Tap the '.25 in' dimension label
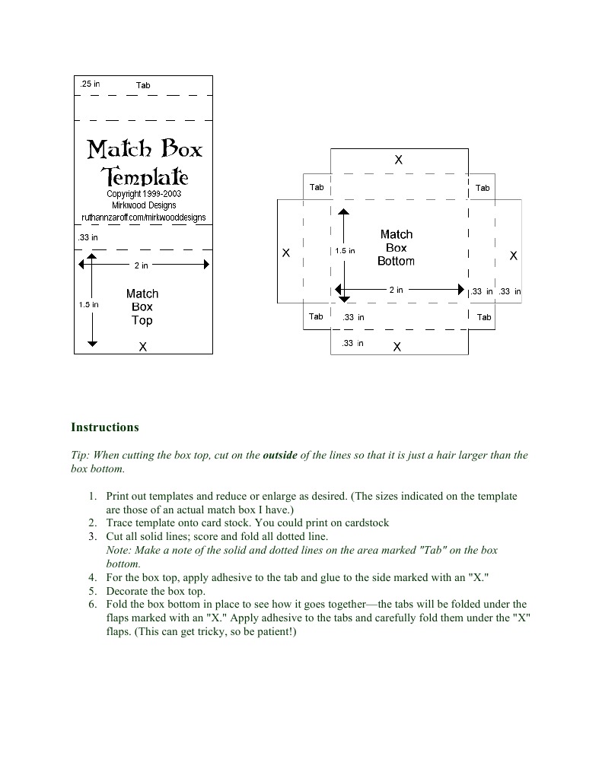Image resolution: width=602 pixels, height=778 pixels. pos(90,84)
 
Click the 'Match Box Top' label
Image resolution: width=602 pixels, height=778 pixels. pos(142,306)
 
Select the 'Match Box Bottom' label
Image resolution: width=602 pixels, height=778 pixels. pos(396,248)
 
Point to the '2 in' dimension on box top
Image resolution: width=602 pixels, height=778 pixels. pos(142,265)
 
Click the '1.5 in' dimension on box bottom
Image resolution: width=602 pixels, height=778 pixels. pos(345,251)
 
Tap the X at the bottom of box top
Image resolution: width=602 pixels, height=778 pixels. pos(142,347)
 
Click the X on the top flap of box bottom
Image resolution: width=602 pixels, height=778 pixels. pos(398,160)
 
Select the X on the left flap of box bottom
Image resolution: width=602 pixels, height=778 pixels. pos(286,253)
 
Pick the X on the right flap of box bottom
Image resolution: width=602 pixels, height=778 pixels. pos(514,256)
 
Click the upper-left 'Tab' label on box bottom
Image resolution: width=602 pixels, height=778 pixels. pos(317,187)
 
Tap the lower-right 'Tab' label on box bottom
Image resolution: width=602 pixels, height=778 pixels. pos(484,317)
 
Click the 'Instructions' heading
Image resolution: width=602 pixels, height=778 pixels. pos(105,427)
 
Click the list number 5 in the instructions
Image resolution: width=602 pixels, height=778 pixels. pos(91,591)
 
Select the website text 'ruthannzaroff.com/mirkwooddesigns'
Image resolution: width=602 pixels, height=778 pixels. pos(143,218)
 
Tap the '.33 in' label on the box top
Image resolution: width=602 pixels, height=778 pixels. pos(88,238)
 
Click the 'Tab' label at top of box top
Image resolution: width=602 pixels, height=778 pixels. pos(143,85)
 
